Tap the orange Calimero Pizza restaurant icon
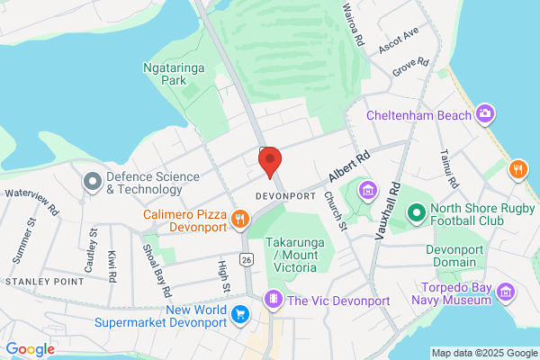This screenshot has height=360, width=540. [239, 218]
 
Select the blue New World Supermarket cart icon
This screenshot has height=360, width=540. [240, 314]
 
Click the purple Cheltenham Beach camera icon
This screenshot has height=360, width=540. [486, 113]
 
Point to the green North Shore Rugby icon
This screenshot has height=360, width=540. [416, 214]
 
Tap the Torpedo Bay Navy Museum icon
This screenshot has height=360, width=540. [505, 292]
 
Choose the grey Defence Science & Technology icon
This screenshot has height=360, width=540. [91, 182]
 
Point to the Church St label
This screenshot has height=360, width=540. [336, 211]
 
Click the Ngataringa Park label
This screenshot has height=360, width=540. [169, 74]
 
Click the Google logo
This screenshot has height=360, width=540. [31, 349]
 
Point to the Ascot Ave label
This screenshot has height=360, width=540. [399, 40]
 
